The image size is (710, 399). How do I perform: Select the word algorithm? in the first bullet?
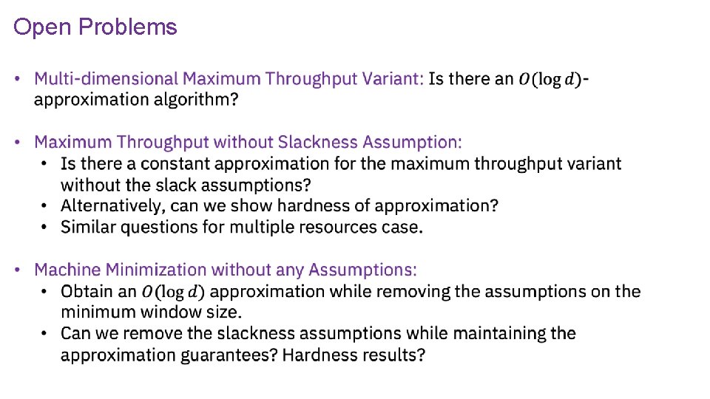[x=197, y=100]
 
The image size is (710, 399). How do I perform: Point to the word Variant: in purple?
[x=398, y=78]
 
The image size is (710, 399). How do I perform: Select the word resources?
[x=328, y=227]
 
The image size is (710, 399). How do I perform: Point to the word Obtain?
[x=87, y=291]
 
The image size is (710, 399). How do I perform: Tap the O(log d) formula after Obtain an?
[x=174, y=292]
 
